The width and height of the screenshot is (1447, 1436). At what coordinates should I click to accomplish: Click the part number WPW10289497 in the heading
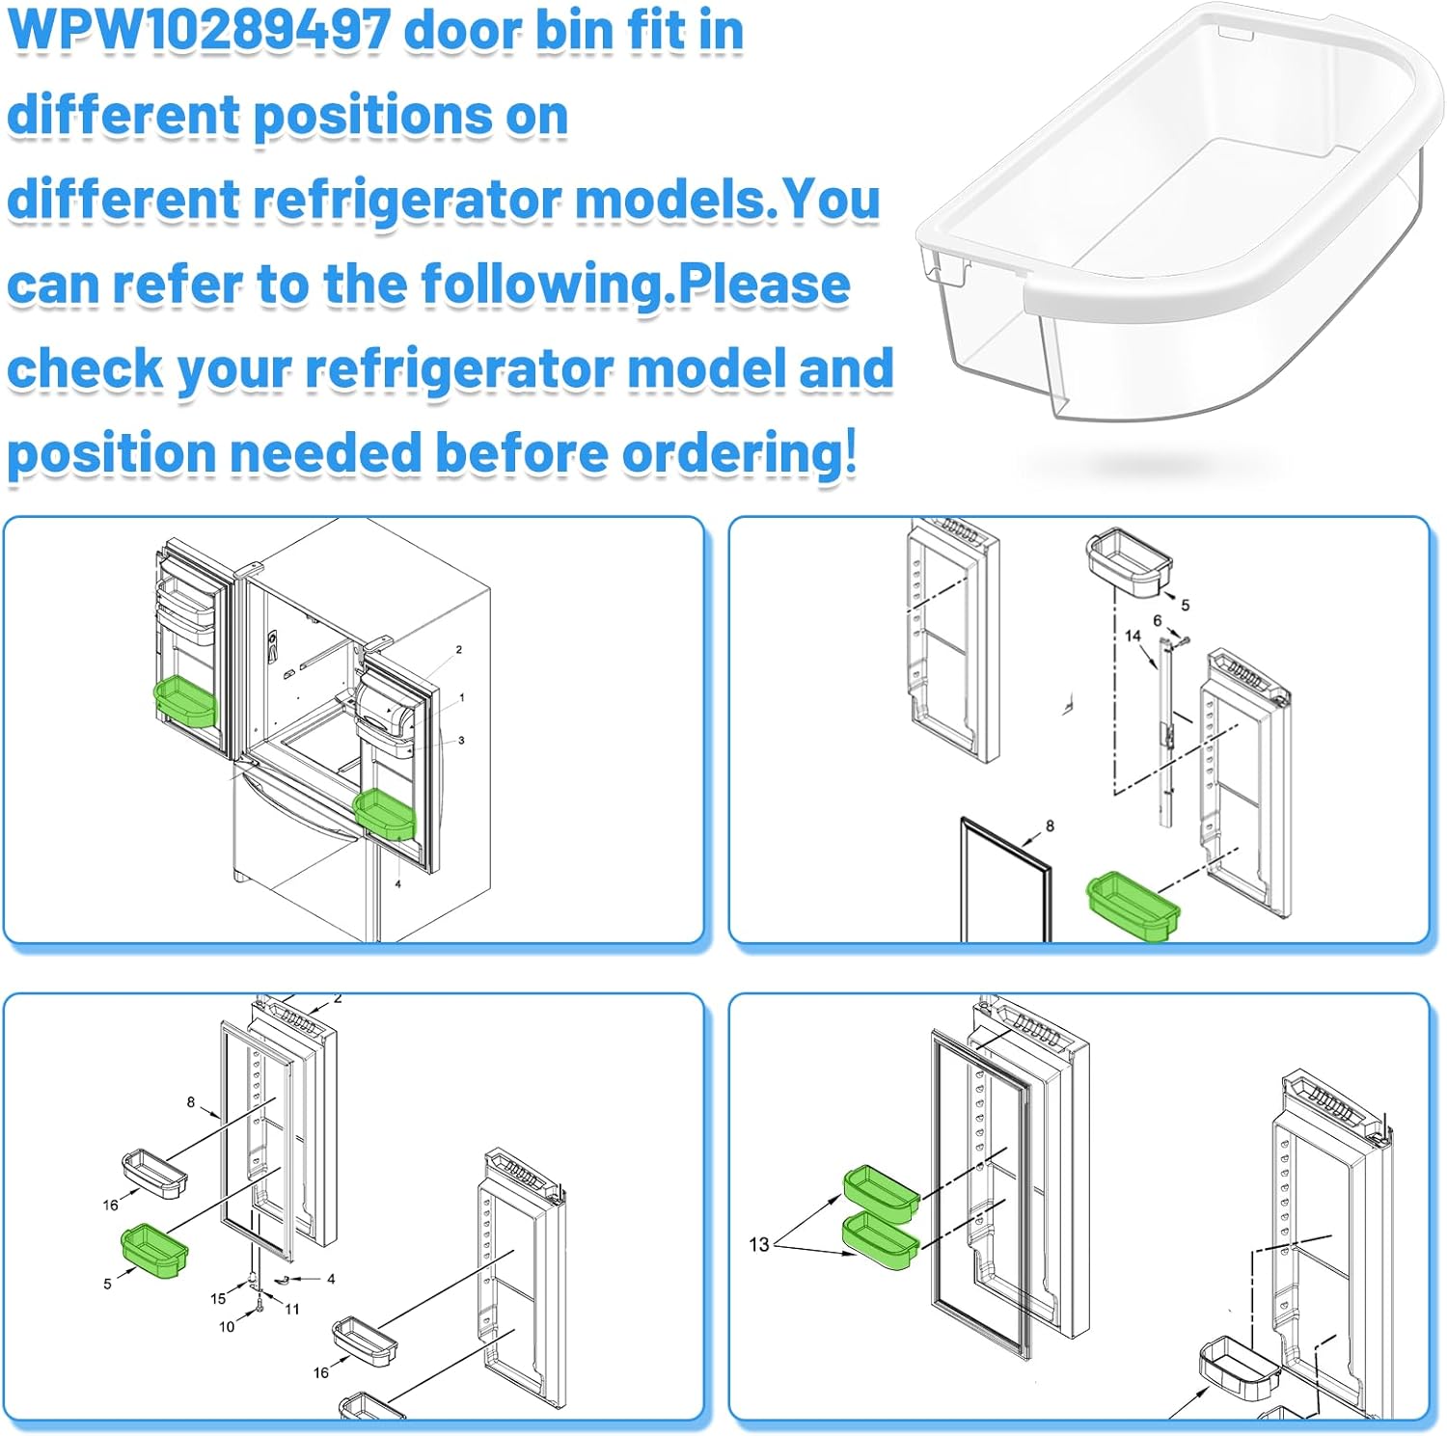(x=199, y=31)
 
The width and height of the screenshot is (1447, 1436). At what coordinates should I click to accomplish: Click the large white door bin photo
(x=1177, y=212)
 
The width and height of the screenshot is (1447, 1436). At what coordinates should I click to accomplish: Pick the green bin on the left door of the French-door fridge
(x=185, y=699)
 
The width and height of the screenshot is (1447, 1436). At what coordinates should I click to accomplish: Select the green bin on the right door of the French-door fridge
(x=384, y=814)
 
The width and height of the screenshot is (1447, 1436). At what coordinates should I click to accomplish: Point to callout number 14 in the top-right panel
(x=1133, y=636)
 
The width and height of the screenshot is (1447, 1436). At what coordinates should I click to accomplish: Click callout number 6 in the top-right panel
(x=1157, y=620)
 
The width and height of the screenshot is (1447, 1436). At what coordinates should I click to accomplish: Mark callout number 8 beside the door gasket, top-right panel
(x=1050, y=826)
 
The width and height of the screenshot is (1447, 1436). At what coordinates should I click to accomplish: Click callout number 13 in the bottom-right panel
(x=759, y=1244)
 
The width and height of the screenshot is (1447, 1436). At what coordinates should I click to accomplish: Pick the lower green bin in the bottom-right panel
(x=880, y=1240)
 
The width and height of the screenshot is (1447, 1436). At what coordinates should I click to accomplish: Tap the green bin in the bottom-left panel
(x=153, y=1252)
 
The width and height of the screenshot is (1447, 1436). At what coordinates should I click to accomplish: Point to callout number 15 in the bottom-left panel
(x=218, y=1298)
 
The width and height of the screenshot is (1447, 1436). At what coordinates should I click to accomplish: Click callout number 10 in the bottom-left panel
(x=227, y=1326)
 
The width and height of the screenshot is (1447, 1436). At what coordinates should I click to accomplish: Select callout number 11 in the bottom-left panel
(x=292, y=1309)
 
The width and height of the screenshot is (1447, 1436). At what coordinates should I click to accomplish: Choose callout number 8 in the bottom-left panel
(x=191, y=1101)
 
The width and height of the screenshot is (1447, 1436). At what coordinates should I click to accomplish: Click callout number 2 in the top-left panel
(x=458, y=649)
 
